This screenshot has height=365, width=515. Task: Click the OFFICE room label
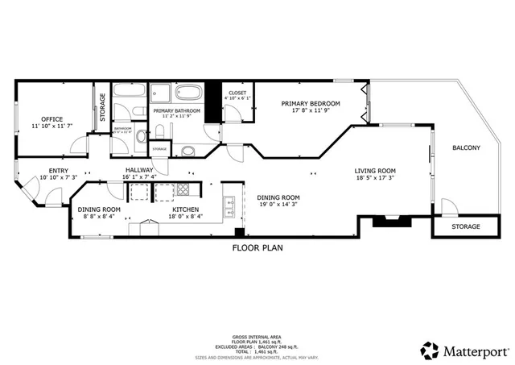52,118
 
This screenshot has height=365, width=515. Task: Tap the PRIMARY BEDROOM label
310,104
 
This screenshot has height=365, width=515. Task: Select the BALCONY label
466,147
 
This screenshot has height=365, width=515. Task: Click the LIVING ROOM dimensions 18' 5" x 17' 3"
376,179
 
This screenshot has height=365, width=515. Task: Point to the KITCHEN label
184,209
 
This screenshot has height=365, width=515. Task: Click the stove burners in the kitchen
183,192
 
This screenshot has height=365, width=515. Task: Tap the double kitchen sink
229,208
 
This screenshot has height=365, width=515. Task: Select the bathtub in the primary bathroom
190,92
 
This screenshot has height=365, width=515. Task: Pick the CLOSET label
237,93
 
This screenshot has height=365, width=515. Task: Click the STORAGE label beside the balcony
465,227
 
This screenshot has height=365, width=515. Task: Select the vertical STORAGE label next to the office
102,106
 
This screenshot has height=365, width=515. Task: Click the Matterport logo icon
431,350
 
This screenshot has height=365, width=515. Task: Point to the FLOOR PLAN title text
257,248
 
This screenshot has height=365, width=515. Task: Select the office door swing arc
78,144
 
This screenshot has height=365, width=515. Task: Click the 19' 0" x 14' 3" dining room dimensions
278,205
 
